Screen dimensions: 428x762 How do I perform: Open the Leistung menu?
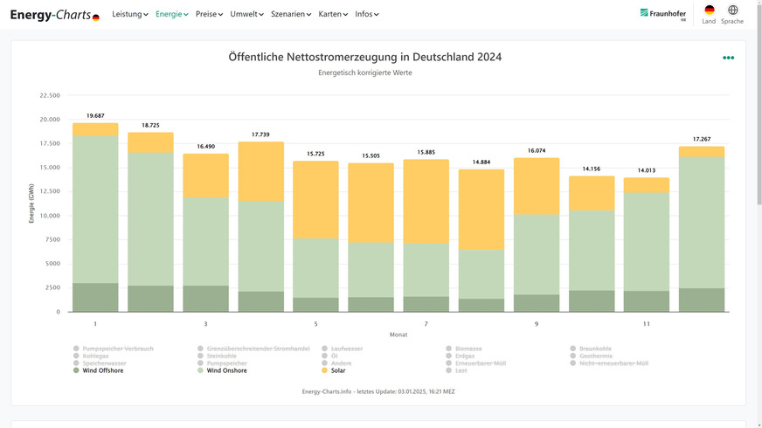130,14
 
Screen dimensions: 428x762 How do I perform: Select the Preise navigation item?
209,14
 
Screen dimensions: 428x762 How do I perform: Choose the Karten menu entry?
333,14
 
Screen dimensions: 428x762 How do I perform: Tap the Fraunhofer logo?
662,14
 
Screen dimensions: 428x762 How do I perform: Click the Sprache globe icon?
732,10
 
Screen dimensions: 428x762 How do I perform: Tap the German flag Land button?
709,10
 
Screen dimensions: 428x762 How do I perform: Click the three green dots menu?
728,58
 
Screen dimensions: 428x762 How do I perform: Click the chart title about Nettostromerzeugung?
364,57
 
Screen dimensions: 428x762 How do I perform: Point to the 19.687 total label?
95,115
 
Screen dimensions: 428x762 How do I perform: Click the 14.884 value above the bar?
481,162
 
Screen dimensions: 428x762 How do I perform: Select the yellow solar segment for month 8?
481,210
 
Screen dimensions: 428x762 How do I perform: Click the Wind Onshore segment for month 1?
95,210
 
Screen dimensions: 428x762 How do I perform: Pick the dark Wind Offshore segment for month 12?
702,300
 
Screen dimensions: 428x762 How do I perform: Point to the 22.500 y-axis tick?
49,95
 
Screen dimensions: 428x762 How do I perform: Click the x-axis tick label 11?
646,324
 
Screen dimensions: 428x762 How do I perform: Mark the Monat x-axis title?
398,335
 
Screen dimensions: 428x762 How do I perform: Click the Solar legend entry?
336,370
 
